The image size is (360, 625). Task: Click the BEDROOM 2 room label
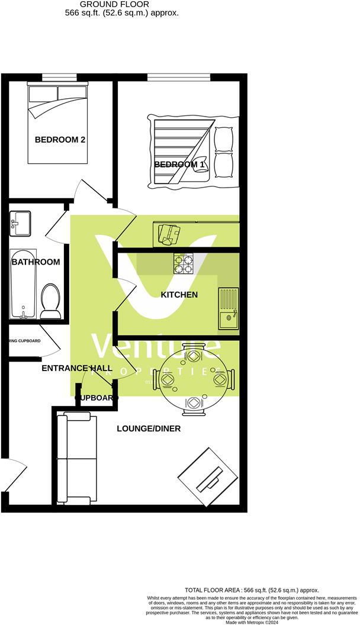pos(60,140)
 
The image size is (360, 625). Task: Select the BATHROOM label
pos(36,262)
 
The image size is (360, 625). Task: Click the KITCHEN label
pos(179,295)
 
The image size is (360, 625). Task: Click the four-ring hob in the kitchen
pos(184,263)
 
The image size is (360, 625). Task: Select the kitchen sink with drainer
pos(228,308)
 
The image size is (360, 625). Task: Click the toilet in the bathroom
pos(50,300)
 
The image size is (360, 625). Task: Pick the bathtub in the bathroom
pos(23,284)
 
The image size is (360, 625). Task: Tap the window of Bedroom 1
pos(178,76)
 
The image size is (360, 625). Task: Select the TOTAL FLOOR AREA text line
pos(252,591)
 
